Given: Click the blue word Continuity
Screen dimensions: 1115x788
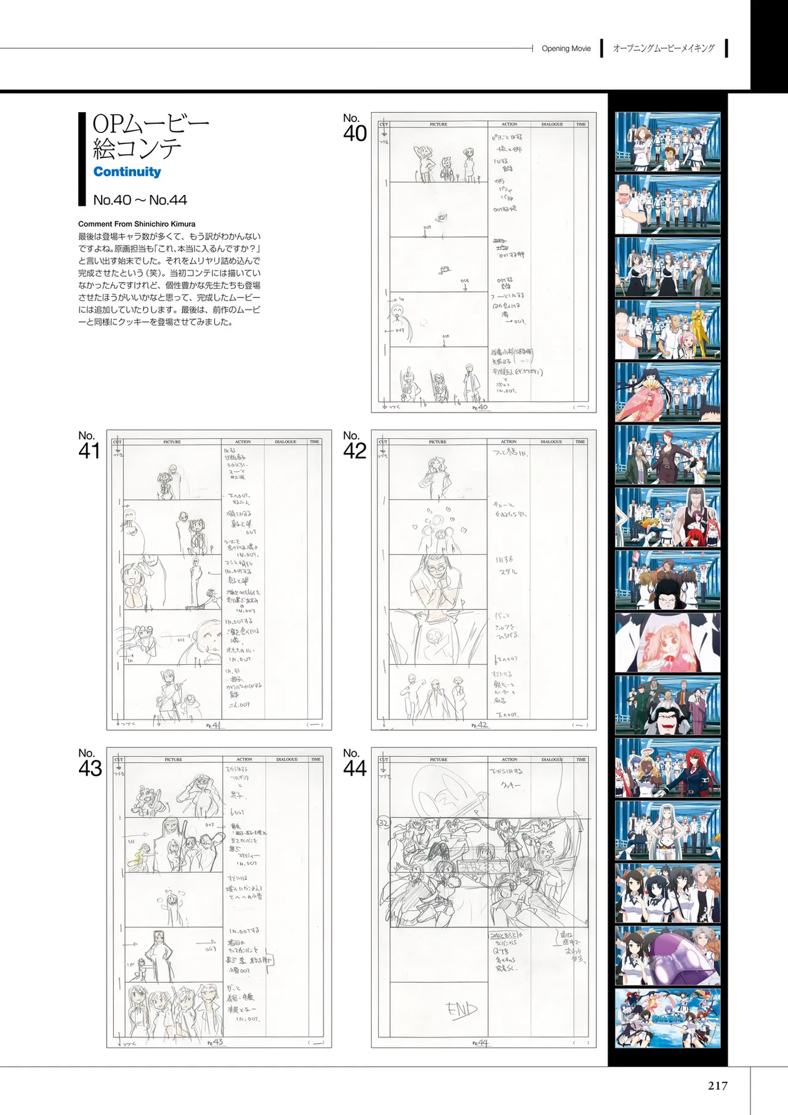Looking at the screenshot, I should tap(127, 172).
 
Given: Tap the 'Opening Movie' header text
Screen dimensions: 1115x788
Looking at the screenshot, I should tap(566, 49).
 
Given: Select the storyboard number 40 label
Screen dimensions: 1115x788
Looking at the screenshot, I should tap(355, 128).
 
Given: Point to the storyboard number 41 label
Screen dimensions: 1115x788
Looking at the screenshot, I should tap(89, 446).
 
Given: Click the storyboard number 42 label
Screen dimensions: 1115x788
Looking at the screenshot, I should tap(355, 446).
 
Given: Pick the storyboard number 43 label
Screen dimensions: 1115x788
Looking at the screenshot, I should tap(90, 763).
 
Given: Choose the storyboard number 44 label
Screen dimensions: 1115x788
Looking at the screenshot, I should tap(355, 763).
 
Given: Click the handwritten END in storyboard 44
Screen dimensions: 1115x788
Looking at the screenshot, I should tap(462, 1010).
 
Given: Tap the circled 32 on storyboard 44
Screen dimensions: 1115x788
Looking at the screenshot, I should tap(384, 823).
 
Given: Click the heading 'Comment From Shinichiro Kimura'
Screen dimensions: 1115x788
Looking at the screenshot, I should tap(137, 224).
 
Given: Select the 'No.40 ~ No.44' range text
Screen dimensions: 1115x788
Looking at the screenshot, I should tap(140, 200).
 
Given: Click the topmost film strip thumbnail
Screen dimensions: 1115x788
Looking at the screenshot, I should tap(667, 142).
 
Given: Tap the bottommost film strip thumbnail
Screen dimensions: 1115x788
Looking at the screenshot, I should tap(667, 1018).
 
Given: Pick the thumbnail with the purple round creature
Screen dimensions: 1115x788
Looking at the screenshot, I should tap(667, 956).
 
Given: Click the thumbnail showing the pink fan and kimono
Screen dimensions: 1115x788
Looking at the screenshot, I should tap(667, 392).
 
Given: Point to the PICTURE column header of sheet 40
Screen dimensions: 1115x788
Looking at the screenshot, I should tap(438, 124).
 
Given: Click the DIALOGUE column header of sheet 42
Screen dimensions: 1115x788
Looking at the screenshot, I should tap(552, 442).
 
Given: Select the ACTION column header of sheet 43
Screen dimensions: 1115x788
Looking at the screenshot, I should tap(244, 760).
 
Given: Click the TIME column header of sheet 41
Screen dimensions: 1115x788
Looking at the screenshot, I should tap(315, 442).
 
